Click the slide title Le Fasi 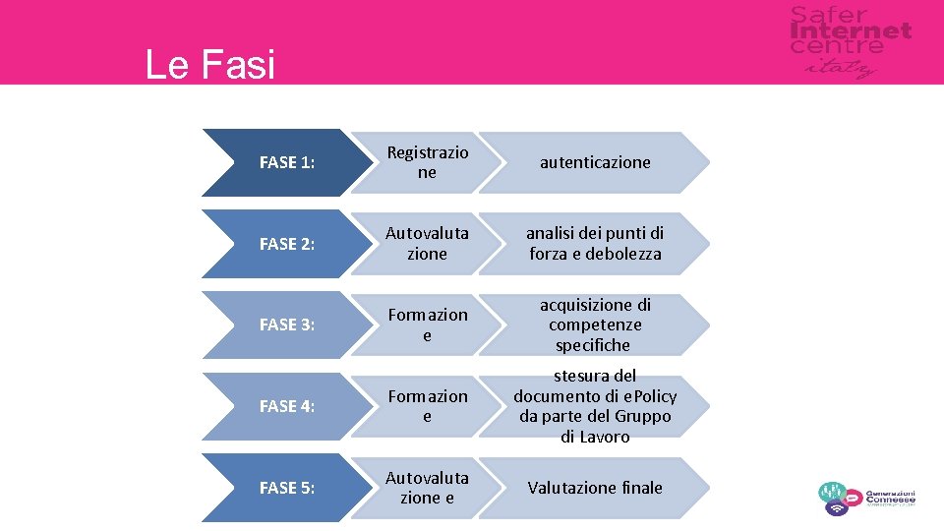pyautogui.click(x=209, y=65)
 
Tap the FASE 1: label pyautogui.click(x=287, y=163)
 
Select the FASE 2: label pyautogui.click(x=287, y=244)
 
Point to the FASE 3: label pyautogui.click(x=287, y=325)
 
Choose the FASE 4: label pyautogui.click(x=287, y=406)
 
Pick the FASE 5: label pyautogui.click(x=287, y=488)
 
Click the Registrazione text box pyautogui.click(x=427, y=162)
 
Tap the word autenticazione pyautogui.click(x=595, y=162)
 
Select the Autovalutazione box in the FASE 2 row pyautogui.click(x=427, y=244)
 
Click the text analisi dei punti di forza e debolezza pyautogui.click(x=595, y=244)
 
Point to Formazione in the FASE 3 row pyautogui.click(x=427, y=325)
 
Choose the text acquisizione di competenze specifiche pyautogui.click(x=595, y=324)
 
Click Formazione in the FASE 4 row pyautogui.click(x=427, y=406)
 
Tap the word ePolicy pyautogui.click(x=646, y=396)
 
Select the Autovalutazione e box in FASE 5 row pyautogui.click(x=427, y=488)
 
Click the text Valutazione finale pyautogui.click(x=595, y=488)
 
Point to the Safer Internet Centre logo pyautogui.click(x=850, y=41)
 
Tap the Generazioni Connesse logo pyautogui.click(x=866, y=498)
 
